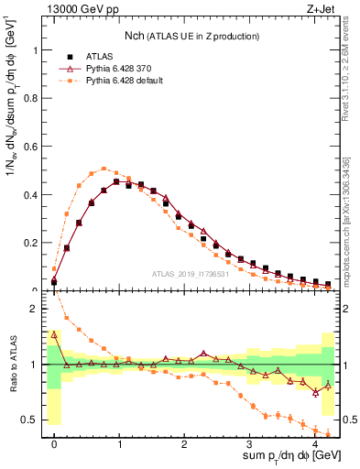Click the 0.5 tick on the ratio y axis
pos(34,420)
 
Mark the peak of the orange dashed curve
pos(104,169)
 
